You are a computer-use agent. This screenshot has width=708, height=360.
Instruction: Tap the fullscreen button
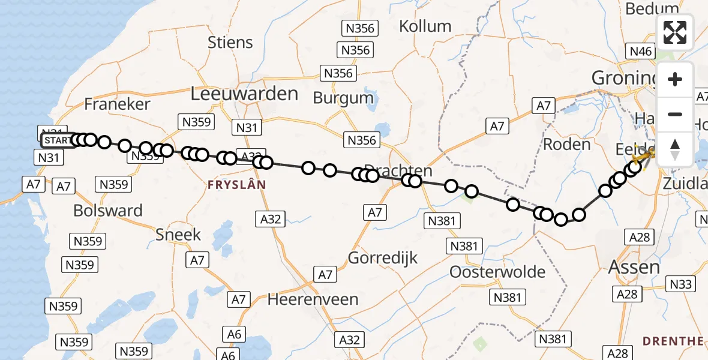coord(675,32)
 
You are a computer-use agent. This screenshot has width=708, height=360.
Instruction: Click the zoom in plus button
coord(675,79)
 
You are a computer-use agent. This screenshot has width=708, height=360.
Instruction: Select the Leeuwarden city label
coord(244,94)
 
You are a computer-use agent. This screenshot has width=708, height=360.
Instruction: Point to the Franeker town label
coord(117,104)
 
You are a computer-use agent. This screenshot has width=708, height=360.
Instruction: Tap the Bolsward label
coord(108,211)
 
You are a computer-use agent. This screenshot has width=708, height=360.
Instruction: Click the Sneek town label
coord(178,234)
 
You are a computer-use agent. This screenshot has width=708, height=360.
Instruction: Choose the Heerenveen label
coord(313,299)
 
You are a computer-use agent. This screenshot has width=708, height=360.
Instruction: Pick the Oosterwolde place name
coord(498,272)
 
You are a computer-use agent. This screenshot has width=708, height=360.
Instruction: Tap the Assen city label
coord(634,267)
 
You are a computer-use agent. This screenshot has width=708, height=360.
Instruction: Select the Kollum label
coord(425,26)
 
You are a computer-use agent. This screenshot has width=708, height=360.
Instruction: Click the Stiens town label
coord(230,42)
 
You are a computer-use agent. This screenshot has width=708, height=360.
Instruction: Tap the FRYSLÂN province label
coord(236,185)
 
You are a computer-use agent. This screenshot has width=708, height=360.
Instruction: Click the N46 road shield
coord(640,52)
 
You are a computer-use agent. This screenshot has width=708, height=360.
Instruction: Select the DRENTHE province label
coord(673,341)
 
